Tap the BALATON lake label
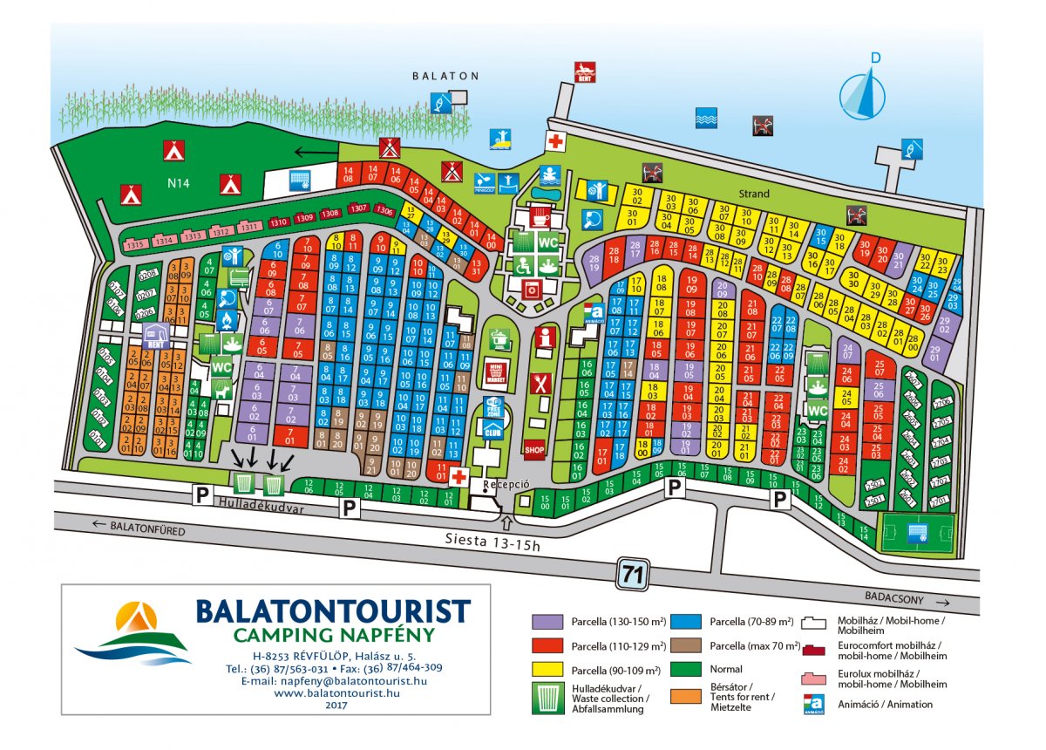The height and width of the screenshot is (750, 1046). (445, 76)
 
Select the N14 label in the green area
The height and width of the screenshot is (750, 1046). (179, 183)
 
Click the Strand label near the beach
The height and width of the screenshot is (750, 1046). (755, 194)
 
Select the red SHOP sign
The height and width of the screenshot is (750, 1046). (534, 449)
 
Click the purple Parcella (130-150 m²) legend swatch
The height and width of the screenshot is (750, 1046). (544, 622)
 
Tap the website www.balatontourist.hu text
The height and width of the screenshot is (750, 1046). (336, 692)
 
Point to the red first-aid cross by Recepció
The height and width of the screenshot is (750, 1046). (458, 475)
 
